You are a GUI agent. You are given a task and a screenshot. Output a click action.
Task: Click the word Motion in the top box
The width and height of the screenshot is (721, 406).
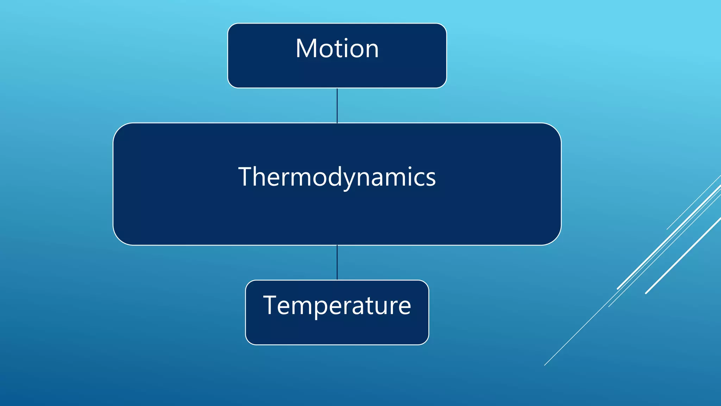coord(337,49)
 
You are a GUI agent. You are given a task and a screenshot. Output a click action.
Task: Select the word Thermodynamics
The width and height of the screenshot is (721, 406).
coord(337,177)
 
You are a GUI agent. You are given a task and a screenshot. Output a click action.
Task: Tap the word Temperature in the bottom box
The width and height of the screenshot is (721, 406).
coord(337,305)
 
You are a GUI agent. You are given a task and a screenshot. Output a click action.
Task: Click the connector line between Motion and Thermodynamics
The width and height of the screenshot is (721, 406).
coord(337,105)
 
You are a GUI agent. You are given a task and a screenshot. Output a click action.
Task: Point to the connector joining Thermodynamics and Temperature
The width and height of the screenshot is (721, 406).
coord(337,262)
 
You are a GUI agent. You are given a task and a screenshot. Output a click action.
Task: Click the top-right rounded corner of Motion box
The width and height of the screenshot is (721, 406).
coord(443,27)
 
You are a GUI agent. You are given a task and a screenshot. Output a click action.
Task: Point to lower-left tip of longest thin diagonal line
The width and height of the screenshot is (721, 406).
coord(545,365)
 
